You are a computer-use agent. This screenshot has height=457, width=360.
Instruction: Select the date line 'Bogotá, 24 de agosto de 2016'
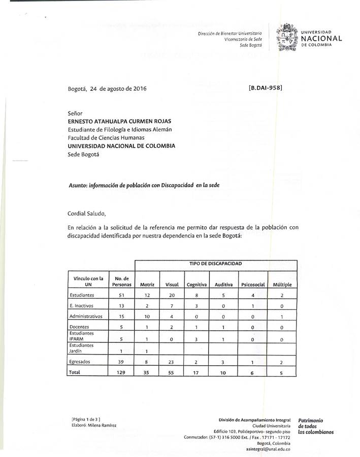pyautogui.click(x=107, y=88)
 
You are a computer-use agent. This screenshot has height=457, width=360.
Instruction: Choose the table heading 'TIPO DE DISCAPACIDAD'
pyautogui.click(x=215, y=264)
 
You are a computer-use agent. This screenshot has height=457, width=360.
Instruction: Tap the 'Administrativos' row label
pyautogui.click(x=86, y=315)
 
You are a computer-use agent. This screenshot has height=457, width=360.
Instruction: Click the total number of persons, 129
pyautogui.click(x=121, y=372)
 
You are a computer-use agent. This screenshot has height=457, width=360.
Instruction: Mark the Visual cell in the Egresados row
pyautogui.click(x=172, y=362)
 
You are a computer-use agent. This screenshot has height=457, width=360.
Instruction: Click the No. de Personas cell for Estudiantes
pyautogui.click(x=121, y=295)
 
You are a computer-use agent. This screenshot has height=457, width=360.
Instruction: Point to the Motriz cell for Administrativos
pyautogui.click(x=146, y=316)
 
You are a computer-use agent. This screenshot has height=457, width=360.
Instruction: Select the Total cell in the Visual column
pyautogui.click(x=172, y=372)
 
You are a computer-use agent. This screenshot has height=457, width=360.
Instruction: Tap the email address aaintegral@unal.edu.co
pyautogui.click(x=268, y=449)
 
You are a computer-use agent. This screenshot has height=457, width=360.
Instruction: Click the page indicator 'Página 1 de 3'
pyautogui.click(x=86, y=419)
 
